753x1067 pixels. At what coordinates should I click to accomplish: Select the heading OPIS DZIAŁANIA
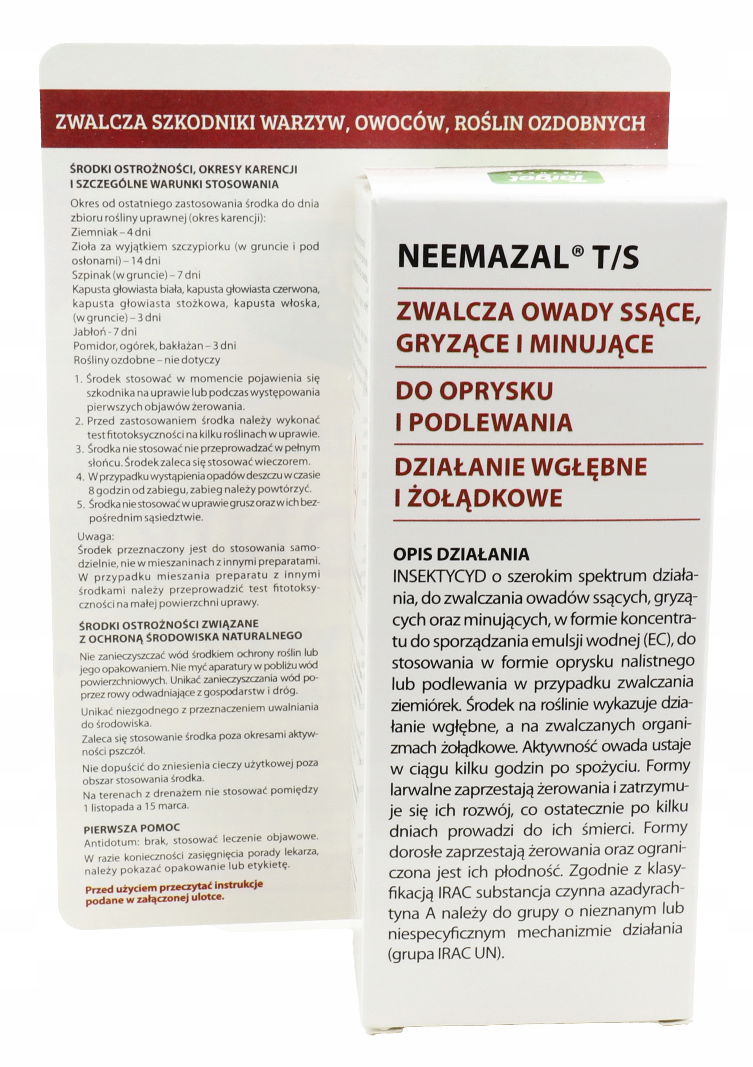point(461,554)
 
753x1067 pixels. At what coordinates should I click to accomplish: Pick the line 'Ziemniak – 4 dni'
point(111,232)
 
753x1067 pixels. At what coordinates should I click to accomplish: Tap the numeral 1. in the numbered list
point(79,379)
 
